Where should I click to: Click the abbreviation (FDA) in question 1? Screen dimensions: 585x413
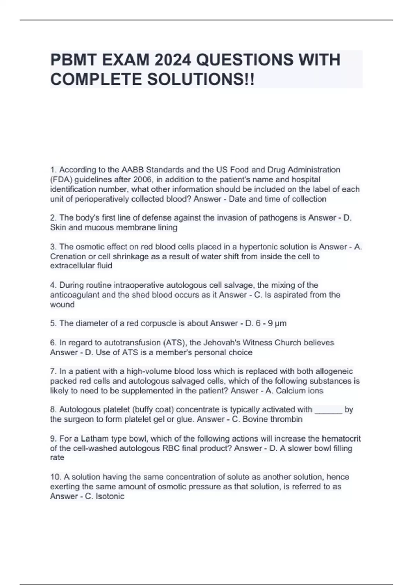pos(61,180)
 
